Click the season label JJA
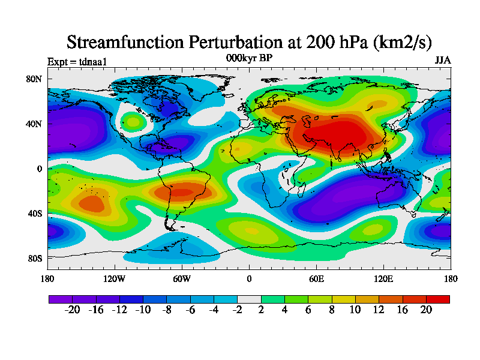pos(442,61)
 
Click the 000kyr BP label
pos(248,58)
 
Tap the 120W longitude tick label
pos(115,278)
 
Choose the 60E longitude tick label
pos(316,278)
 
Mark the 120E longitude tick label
pos(383,278)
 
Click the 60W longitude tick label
pos(182,278)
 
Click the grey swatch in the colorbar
pos(249,299)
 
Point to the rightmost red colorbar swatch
pos(437,299)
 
